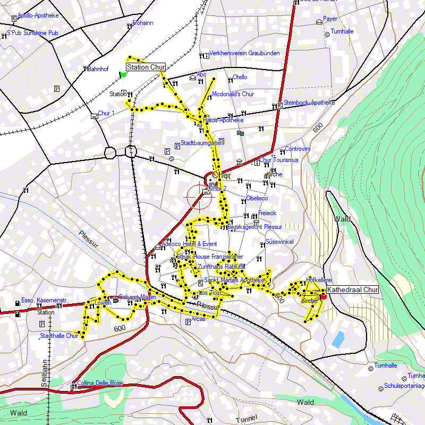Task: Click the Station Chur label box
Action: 146,67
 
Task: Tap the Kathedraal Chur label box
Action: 353,290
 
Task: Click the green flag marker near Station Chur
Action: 123,74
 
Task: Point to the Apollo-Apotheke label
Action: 38,16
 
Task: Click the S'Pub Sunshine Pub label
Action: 32,33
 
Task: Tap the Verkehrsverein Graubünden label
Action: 244,54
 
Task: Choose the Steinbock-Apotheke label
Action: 309,103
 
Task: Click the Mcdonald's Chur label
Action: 233,94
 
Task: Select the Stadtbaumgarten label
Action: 201,143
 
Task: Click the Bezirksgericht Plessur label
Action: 254,227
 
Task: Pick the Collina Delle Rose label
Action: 100,383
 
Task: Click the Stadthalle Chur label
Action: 59,336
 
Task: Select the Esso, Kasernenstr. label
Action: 45,301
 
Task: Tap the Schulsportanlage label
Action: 404,386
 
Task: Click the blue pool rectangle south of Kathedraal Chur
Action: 337,339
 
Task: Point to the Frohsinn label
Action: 143,23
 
